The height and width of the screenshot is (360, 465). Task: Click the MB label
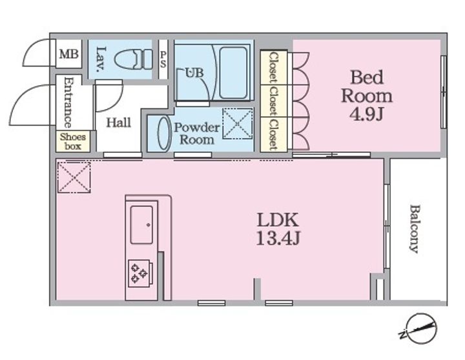69,54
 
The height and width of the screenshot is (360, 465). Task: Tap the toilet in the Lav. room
134,59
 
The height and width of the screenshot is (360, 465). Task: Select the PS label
163,59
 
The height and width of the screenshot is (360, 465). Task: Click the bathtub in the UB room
233,73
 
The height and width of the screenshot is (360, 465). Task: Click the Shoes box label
72,141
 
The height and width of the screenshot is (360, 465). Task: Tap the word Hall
118,123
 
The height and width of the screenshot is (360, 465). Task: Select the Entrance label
68,103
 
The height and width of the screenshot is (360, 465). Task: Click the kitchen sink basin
141,225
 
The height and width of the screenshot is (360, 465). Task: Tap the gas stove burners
139,273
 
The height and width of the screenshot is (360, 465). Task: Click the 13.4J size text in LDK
278,237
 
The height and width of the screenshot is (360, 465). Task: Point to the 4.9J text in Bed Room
367,114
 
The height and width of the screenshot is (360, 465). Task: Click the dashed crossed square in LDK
74,177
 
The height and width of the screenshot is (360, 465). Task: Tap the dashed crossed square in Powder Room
238,123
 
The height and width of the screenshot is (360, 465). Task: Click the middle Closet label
273,101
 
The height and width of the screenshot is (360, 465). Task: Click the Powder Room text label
196,134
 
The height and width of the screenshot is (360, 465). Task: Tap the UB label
194,73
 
